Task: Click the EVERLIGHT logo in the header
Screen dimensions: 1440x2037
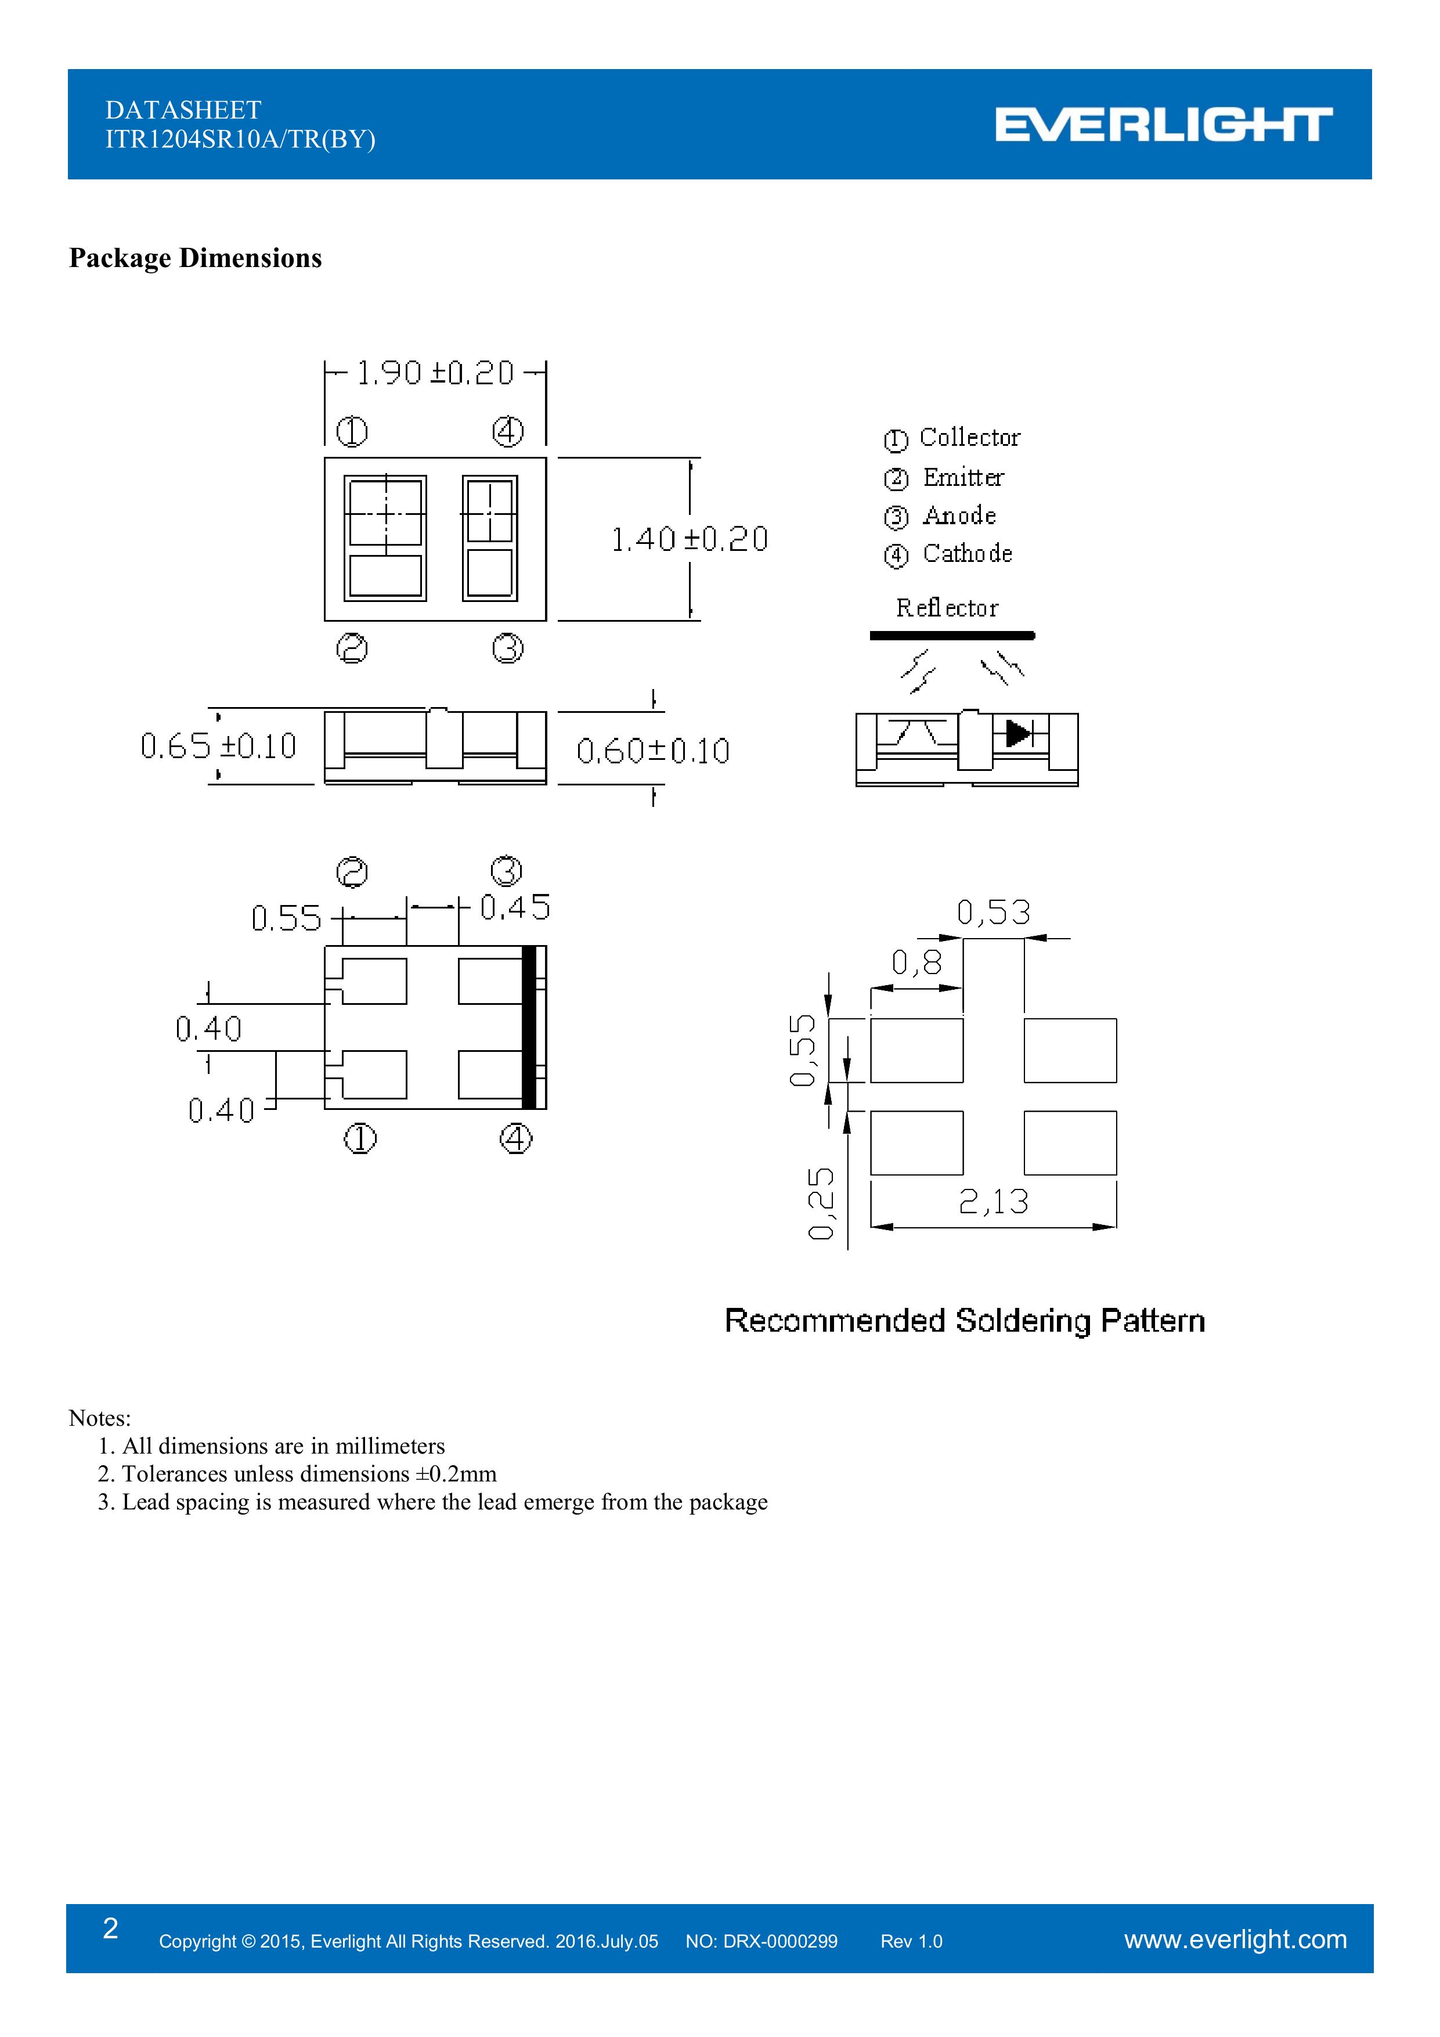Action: click(1163, 124)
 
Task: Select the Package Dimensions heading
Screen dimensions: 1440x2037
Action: click(195, 258)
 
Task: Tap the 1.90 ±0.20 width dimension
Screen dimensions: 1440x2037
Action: click(435, 373)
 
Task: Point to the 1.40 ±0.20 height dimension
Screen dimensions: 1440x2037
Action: click(690, 539)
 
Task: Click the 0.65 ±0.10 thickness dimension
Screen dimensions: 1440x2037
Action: click(218, 746)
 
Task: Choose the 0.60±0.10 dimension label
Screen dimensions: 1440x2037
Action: click(653, 751)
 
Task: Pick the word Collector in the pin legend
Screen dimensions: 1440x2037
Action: click(970, 437)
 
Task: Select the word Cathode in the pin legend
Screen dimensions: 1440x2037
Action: click(967, 554)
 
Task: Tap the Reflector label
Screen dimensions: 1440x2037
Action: click(947, 608)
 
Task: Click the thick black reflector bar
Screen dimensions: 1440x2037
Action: click(952, 635)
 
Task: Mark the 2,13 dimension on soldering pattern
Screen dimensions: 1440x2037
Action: click(994, 1201)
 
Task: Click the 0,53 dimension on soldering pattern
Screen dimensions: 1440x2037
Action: click(994, 912)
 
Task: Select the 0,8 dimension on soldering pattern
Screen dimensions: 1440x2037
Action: click(916, 962)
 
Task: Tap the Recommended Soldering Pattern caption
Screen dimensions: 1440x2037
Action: click(965, 1321)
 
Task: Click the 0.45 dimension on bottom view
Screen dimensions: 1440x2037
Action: click(515, 907)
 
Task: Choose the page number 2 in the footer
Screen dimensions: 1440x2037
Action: click(111, 1928)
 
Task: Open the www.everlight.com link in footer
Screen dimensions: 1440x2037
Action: click(1235, 1939)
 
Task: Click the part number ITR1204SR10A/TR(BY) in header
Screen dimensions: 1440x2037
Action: click(240, 139)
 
